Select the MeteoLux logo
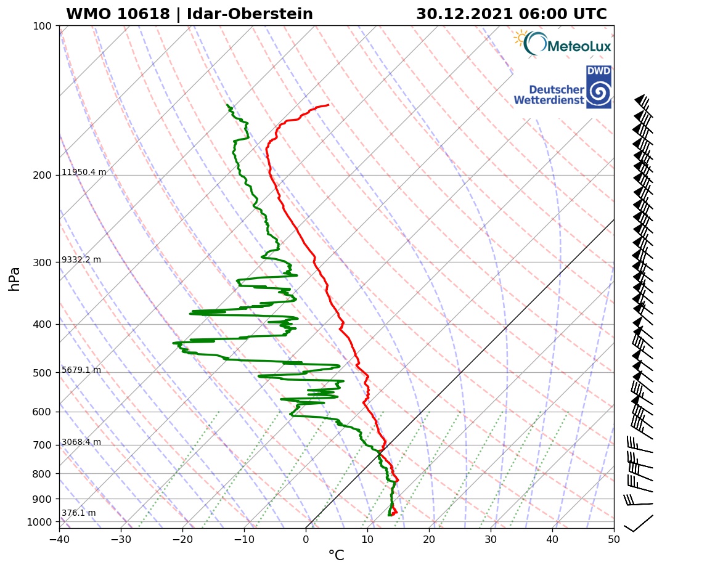click(562, 44)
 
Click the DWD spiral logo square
click(599, 88)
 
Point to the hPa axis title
click(15, 279)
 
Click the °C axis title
click(336, 556)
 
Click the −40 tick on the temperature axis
click(59, 539)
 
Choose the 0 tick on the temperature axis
click(306, 539)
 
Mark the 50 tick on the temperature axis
click(614, 539)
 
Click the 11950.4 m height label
click(84, 173)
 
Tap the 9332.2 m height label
click(81, 260)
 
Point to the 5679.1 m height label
click(81, 370)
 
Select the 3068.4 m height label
click(81, 442)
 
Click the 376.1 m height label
click(79, 513)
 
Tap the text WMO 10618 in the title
click(118, 14)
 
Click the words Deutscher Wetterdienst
click(549, 94)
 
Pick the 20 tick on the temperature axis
click(429, 539)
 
